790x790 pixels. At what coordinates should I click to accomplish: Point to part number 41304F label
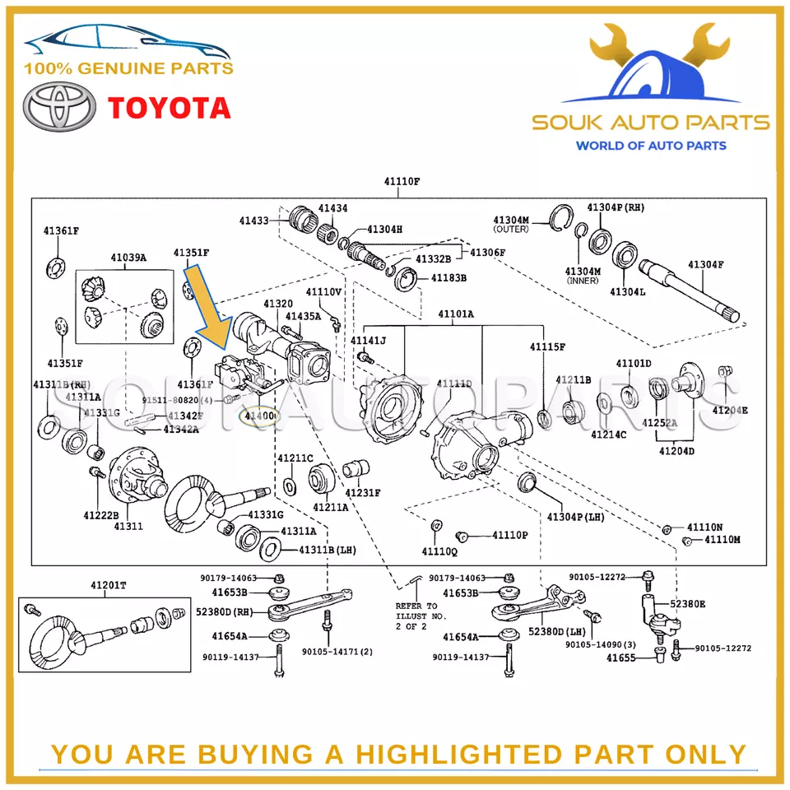(706, 264)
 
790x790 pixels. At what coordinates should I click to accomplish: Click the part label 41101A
(455, 314)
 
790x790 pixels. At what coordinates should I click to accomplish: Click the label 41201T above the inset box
(109, 585)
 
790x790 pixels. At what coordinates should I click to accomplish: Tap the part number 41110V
(323, 292)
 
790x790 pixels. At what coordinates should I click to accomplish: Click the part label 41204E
(730, 411)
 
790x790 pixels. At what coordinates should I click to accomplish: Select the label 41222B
(100, 515)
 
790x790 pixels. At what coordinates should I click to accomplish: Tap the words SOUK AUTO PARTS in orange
(650, 123)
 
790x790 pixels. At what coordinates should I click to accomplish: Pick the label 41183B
(448, 278)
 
